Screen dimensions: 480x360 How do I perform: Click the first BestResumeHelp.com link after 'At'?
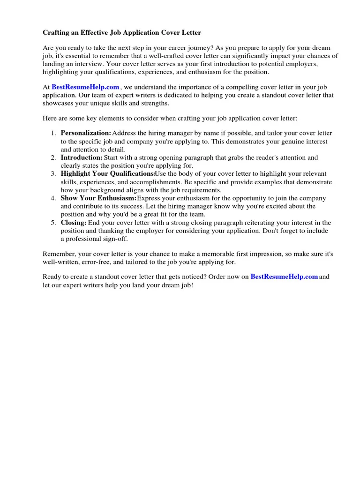[x=85, y=87]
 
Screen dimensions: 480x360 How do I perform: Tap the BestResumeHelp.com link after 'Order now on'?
[x=284, y=277]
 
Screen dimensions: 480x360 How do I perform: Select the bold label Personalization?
[x=86, y=133]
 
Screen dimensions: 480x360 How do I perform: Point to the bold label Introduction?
[x=82, y=157]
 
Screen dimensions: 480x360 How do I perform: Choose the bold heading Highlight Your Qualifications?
[x=107, y=173]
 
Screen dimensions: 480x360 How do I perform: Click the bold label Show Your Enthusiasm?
[x=98, y=198]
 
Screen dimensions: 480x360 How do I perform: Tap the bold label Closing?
[x=74, y=223]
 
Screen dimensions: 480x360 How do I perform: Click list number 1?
[x=53, y=133]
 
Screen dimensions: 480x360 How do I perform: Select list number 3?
[x=53, y=173]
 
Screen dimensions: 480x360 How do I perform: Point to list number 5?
[x=53, y=223]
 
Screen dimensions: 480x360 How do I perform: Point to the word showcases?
[x=57, y=103]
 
